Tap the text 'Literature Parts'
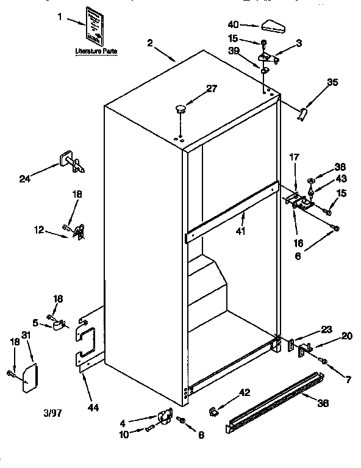[x=96, y=52]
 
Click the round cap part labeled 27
[x=180, y=109]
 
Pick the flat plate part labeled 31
[x=28, y=377]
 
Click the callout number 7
[x=348, y=380]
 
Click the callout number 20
[x=346, y=336]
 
